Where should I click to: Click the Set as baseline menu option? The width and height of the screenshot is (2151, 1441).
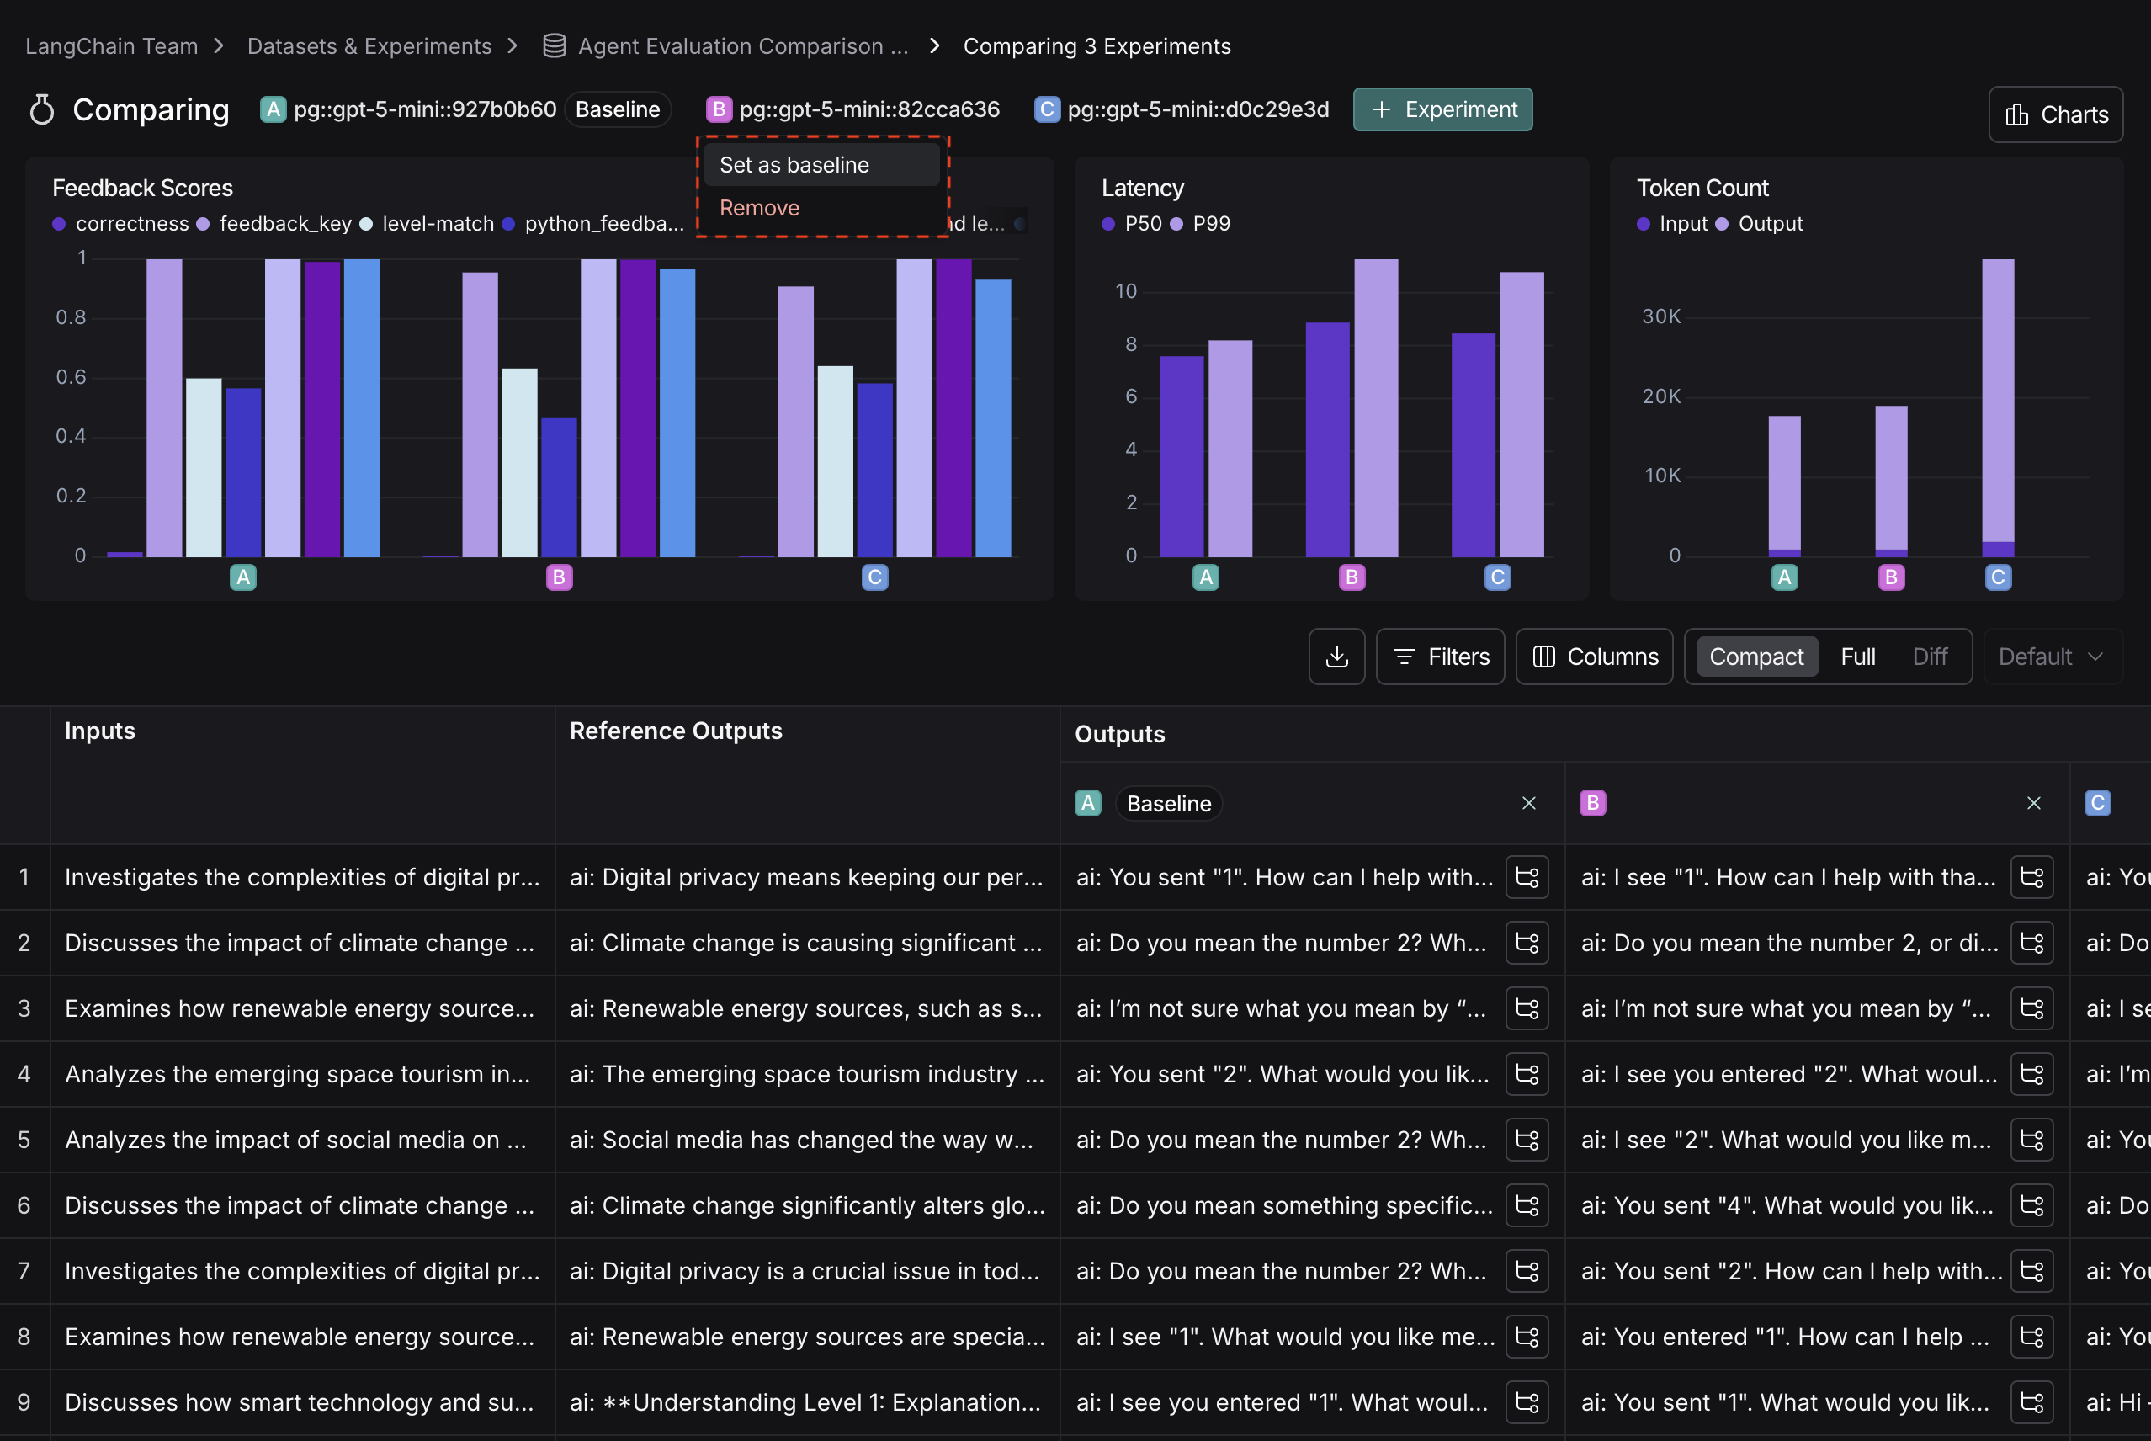pyautogui.click(x=794, y=166)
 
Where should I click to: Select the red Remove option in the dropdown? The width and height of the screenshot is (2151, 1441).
pyautogui.click(x=760, y=209)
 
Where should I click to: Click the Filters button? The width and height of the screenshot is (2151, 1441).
pyautogui.click(x=1440, y=657)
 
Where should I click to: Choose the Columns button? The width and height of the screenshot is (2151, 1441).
pyautogui.click(x=1594, y=657)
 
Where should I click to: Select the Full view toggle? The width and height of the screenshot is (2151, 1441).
pyautogui.click(x=1857, y=657)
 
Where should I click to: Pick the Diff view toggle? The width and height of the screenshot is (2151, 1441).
pyautogui.click(x=1930, y=657)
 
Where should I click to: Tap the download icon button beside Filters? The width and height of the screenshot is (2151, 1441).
pyautogui.click(x=1337, y=657)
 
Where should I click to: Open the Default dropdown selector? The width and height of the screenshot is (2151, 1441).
pyautogui.click(x=2051, y=657)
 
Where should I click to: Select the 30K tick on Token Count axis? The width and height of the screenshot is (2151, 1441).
pyautogui.click(x=1661, y=317)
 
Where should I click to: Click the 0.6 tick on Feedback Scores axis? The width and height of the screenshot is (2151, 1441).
pyautogui.click(x=71, y=377)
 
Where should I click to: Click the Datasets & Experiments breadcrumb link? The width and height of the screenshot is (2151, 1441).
pyautogui.click(x=369, y=47)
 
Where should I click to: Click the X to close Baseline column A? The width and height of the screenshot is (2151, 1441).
pyautogui.click(x=1529, y=803)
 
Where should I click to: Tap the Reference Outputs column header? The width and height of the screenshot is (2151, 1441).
pyautogui.click(x=676, y=731)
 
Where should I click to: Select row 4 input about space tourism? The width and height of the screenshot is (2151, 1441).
pyautogui.click(x=298, y=1074)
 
